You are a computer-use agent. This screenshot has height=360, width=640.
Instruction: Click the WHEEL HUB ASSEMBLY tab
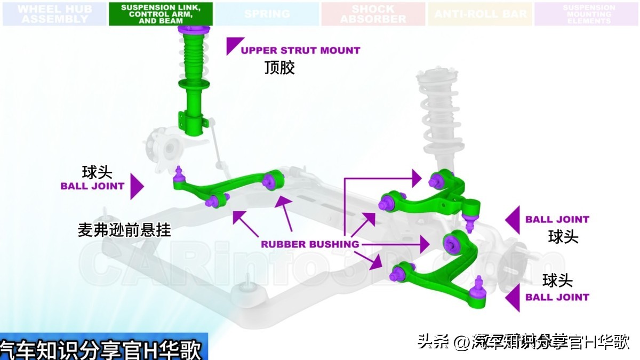[x=54, y=14]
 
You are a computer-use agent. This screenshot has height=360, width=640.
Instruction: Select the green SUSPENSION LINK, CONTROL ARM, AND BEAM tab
[x=161, y=14]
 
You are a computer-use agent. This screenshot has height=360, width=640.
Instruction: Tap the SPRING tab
[x=267, y=14]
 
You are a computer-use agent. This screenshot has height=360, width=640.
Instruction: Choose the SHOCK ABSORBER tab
[x=373, y=14]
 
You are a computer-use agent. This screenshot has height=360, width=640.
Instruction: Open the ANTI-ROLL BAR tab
[x=480, y=14]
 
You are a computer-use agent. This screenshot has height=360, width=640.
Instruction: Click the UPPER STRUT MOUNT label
[x=300, y=50]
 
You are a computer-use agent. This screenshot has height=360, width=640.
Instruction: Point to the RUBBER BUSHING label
[x=309, y=244]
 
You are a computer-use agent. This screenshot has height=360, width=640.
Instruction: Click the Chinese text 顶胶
[x=279, y=68]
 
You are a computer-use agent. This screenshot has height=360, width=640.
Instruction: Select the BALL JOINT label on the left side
[x=92, y=186]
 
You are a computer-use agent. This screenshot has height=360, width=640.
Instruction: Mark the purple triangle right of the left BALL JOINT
[x=137, y=186]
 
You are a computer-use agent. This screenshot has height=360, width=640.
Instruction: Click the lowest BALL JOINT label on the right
[x=557, y=297]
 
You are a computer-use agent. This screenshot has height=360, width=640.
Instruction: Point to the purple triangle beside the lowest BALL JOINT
[x=513, y=297]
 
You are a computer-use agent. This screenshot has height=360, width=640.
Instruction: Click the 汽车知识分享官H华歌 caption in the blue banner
[x=101, y=350]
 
